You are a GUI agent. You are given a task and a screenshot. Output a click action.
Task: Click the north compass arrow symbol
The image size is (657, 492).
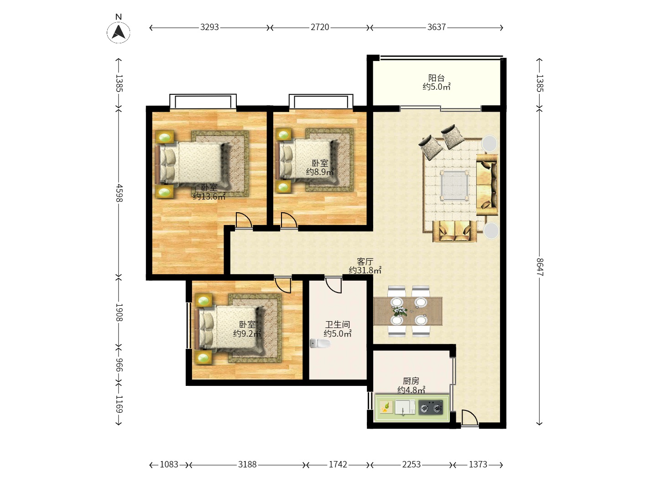[x=119, y=32]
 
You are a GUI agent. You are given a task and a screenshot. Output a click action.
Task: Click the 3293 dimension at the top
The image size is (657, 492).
[x=209, y=27]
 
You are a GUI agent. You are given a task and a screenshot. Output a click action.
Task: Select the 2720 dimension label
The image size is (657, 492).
[x=320, y=27]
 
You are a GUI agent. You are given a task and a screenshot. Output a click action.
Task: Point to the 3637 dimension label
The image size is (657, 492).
[x=437, y=27]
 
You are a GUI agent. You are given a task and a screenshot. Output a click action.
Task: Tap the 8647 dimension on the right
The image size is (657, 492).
[x=540, y=267]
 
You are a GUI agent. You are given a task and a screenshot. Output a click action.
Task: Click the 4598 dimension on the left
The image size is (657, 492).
[x=119, y=193]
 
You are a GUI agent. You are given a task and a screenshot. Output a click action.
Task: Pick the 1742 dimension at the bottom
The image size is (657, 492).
[x=338, y=465]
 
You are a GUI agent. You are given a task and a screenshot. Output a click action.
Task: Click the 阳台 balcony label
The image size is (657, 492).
[x=436, y=78]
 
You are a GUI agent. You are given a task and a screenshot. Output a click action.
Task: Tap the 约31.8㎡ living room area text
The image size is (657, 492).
[x=365, y=270]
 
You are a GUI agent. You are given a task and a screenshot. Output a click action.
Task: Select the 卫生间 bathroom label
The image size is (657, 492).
[x=338, y=324]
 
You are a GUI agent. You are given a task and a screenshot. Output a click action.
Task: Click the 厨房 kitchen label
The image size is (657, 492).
[x=411, y=381]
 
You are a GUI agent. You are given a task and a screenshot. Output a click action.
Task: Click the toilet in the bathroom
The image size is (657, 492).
[x=320, y=343]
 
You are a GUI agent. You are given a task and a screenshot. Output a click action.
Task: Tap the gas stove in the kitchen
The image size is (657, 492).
[x=431, y=407]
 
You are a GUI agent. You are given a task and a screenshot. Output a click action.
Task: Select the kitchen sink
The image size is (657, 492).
[x=405, y=407]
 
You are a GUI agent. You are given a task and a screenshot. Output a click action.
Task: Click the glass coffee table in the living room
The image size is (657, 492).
[x=454, y=185]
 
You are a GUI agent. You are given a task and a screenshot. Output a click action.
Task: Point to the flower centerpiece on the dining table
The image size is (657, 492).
[x=400, y=311]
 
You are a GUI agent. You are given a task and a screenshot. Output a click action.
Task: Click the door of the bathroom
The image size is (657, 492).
[x=334, y=285]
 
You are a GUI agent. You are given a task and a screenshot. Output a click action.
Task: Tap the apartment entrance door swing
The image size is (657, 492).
[x=469, y=418]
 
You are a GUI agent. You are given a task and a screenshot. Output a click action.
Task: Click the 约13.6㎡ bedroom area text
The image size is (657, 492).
[x=209, y=196]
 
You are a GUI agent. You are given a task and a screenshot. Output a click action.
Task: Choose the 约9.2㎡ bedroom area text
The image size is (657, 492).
[x=247, y=333]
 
